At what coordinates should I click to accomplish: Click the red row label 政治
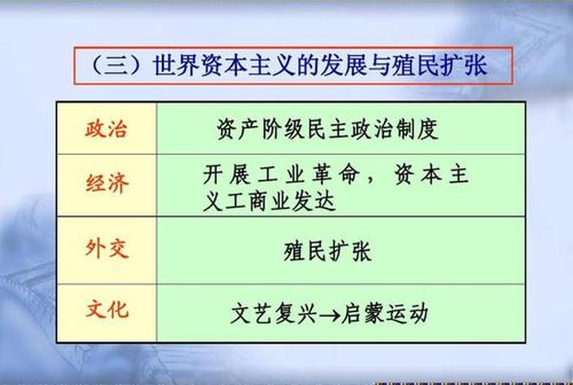point(106,129)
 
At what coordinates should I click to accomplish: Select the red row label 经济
point(106,183)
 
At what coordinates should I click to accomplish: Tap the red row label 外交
point(106,248)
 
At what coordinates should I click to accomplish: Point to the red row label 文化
point(106,310)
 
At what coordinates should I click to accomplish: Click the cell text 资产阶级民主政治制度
point(327,129)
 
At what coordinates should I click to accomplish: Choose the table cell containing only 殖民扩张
point(327,250)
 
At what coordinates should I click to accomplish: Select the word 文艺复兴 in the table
point(272,313)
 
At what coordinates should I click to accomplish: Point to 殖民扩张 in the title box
point(447,66)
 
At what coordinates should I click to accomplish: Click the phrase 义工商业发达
point(269,202)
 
